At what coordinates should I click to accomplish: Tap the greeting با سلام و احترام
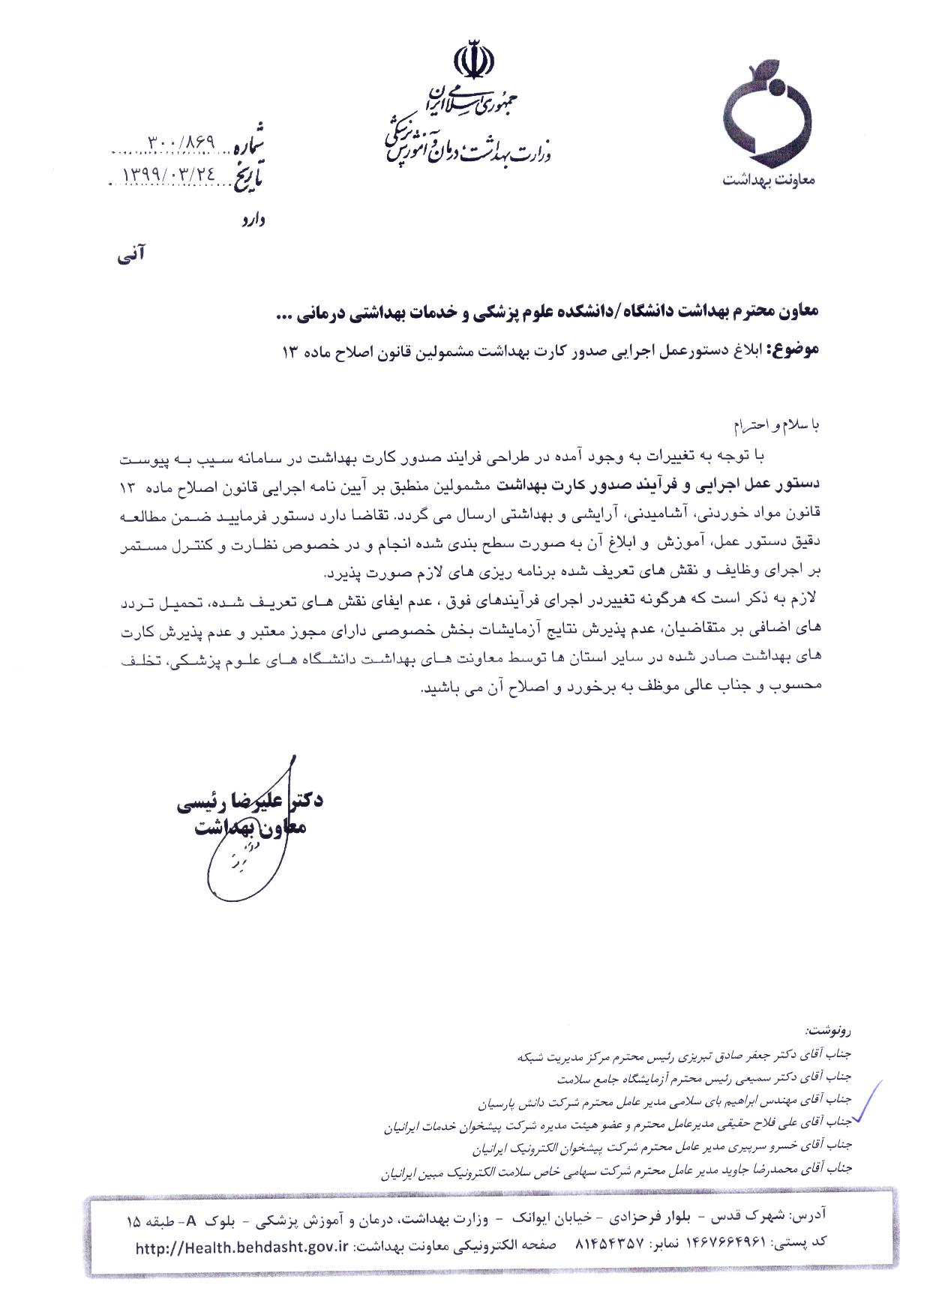coord(780,426)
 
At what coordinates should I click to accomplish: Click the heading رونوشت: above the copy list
coord(828,1030)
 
